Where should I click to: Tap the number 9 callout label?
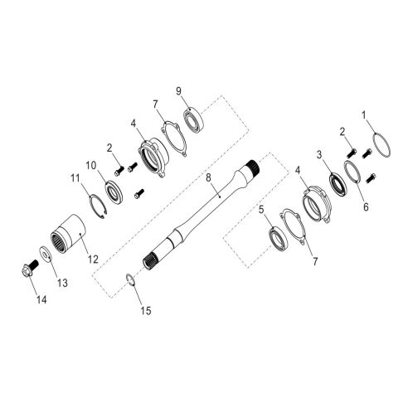[x=177, y=90]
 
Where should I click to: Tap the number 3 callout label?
[x=318, y=154]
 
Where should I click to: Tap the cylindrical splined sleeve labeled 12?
[x=68, y=233]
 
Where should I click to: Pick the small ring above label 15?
[x=130, y=278]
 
